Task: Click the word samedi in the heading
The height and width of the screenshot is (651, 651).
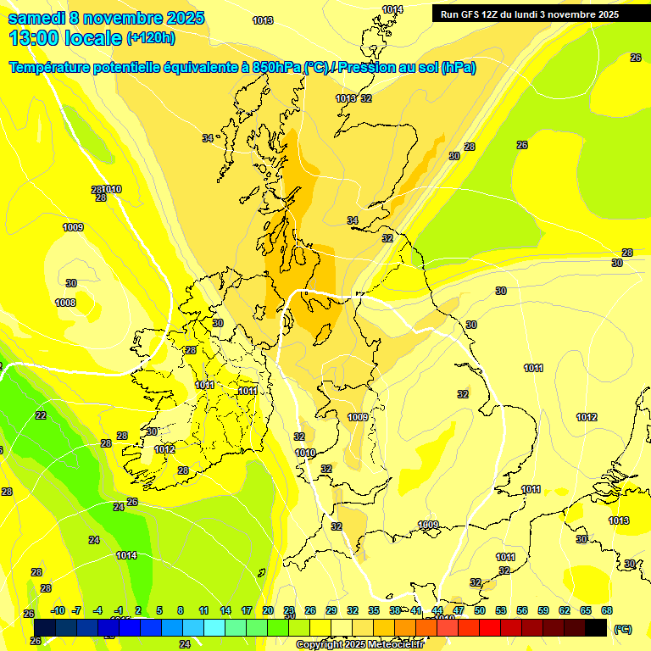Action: [x=36, y=18]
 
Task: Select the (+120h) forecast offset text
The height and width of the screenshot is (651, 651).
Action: [x=150, y=37]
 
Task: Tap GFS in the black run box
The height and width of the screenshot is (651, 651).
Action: [x=470, y=14]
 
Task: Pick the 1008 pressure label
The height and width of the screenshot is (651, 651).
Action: [x=65, y=303]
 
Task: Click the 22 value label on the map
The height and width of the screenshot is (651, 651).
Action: [x=41, y=415]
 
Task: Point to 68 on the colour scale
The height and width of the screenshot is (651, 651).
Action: [x=607, y=610]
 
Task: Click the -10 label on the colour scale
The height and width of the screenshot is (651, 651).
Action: [x=58, y=610]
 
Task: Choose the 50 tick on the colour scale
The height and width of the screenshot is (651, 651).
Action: [x=480, y=610]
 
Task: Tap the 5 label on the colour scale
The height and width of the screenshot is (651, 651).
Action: [x=159, y=610]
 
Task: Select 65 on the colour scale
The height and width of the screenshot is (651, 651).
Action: [x=586, y=610]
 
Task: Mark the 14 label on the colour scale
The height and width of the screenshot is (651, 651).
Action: [x=225, y=610]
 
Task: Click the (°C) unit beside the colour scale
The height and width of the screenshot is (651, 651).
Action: [x=623, y=629]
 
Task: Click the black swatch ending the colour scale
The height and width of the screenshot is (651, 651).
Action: [x=596, y=627]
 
